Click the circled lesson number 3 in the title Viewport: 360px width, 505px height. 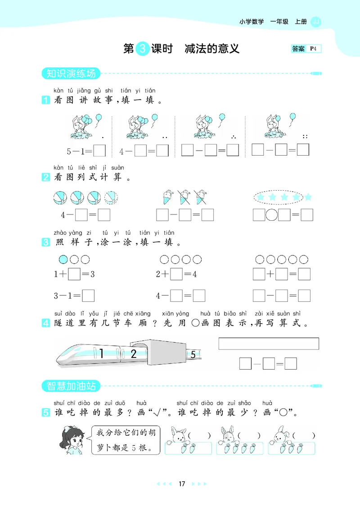pos(143,49)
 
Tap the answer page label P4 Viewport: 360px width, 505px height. pos(313,49)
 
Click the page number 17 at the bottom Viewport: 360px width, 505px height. pos(182,484)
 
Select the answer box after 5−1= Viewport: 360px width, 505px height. pos(99,150)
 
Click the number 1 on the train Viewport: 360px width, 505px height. pos(101,353)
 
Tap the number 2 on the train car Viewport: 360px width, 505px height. pos(134,353)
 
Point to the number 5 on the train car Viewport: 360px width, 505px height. pos(193,355)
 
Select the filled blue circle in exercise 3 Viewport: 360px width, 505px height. pos(63,259)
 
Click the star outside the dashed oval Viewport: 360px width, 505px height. pos(308,197)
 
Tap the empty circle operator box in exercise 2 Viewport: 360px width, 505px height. pos(271,215)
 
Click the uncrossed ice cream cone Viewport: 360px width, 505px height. pos(168,197)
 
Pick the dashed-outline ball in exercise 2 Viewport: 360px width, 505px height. pos(111,197)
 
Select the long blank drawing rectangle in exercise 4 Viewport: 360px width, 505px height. pos(269,344)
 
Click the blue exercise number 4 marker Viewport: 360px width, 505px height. pos(46,323)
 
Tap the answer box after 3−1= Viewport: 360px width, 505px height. pos(88,295)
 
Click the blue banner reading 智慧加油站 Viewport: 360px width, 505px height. pos(71,386)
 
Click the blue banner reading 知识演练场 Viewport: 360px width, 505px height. pos(71,73)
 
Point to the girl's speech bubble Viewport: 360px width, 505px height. pos(126,440)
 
